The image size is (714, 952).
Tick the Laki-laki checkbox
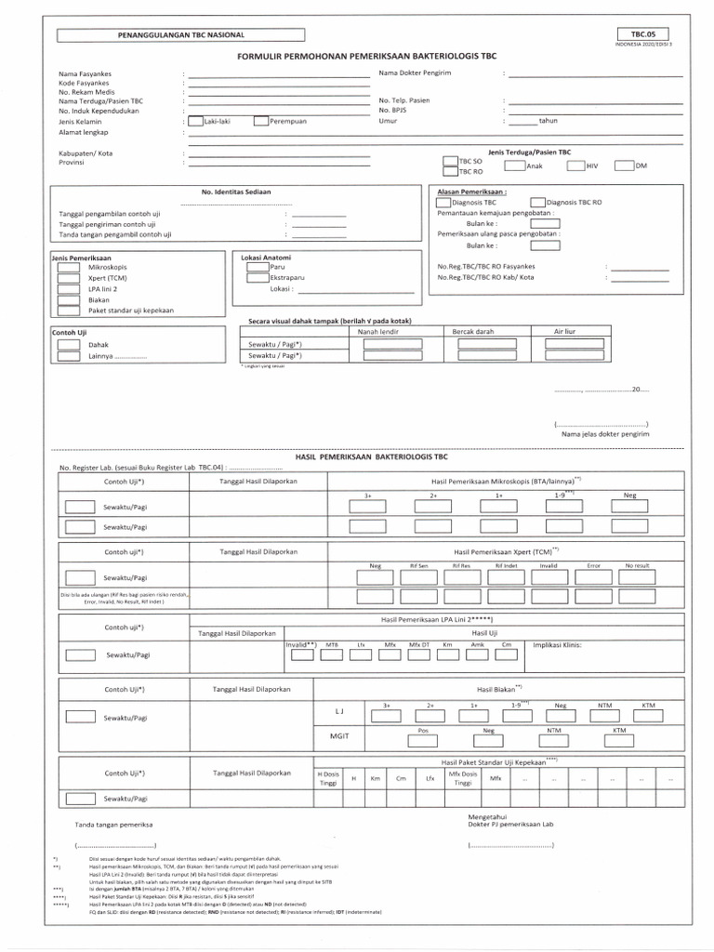pyautogui.click(x=195, y=121)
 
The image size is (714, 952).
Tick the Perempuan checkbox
pyautogui.click(x=260, y=121)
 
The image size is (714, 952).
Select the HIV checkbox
pyautogui.click(x=575, y=166)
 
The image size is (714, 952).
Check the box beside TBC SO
pyautogui.click(x=451, y=162)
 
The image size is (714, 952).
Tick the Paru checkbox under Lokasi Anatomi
pyautogui.click(x=257, y=267)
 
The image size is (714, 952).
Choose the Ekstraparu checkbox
pyautogui.click(x=257, y=278)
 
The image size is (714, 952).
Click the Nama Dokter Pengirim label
pyautogui.click(x=415, y=73)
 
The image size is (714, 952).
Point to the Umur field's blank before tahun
pyautogui.click(x=522, y=121)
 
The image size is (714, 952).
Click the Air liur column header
pyautogui.click(x=565, y=331)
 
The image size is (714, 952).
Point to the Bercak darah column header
pyautogui.click(x=472, y=331)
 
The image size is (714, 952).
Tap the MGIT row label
pyautogui.click(x=339, y=735)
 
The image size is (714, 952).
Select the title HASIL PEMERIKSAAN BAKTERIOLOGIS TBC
pyautogui.click(x=371, y=458)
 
